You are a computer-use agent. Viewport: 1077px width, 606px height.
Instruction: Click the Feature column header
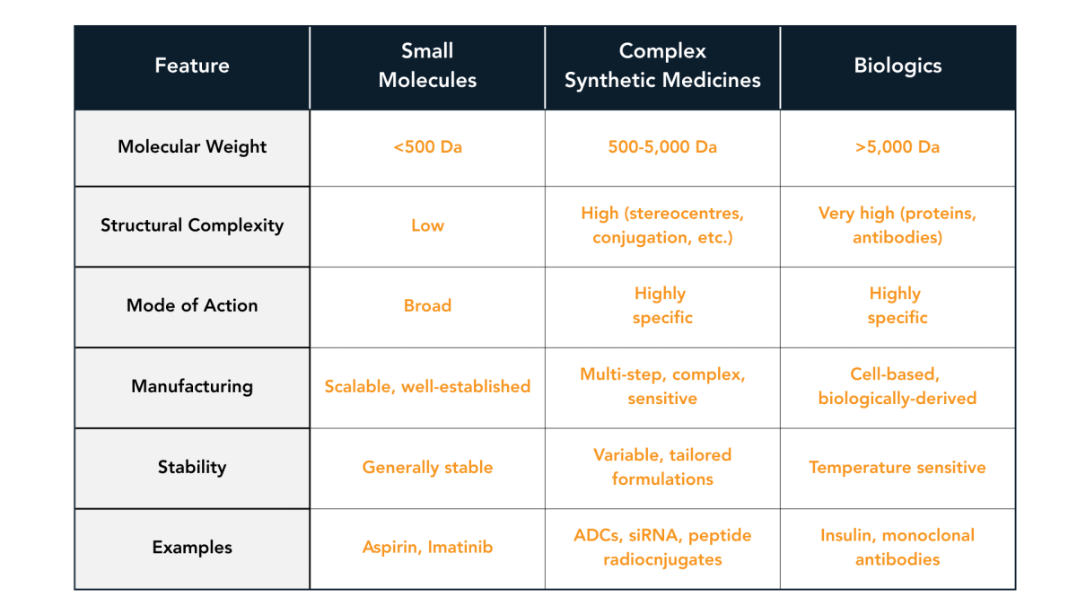pos(192,66)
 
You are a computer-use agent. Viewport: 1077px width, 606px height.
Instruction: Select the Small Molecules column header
pos(427,66)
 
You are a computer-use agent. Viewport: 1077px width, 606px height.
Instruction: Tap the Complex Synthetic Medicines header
pos(662,66)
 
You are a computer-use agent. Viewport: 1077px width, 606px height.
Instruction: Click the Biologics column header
pos(897,66)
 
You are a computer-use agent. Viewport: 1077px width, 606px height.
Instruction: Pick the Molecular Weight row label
pos(192,146)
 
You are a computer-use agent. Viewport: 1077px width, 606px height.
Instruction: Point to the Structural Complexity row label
pos(192,225)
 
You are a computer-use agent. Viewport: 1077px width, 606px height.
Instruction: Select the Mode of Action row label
pos(192,305)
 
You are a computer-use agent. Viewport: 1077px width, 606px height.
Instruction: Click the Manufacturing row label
pos(192,386)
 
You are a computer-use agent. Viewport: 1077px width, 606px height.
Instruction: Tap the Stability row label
pos(192,467)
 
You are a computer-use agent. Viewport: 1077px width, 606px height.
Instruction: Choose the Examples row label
pos(192,547)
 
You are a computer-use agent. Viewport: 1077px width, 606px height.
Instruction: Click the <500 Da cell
pos(427,146)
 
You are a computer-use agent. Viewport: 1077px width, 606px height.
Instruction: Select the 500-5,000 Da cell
pos(662,146)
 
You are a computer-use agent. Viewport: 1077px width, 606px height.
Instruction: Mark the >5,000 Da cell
pos(897,146)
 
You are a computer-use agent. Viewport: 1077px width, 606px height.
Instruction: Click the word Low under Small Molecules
pos(427,225)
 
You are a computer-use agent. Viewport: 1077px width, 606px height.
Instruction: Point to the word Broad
pos(427,305)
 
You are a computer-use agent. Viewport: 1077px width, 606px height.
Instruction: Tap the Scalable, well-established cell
pos(427,386)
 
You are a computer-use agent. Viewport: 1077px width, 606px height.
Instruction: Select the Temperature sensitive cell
pos(897,467)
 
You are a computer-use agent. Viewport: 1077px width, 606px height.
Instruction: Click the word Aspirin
pos(390,547)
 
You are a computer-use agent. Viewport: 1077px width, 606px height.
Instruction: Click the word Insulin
pos(847,535)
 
